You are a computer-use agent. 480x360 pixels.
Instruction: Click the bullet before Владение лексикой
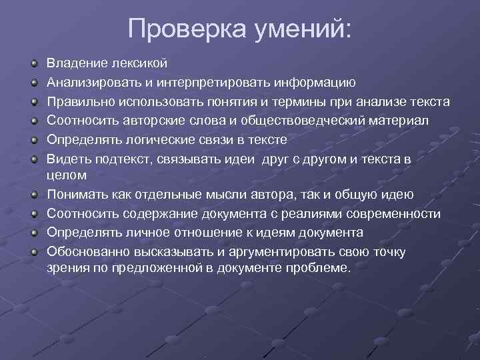[x=33, y=63]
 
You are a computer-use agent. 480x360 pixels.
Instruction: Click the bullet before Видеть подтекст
[x=33, y=159]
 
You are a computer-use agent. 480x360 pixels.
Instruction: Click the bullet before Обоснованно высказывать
[x=33, y=252]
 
